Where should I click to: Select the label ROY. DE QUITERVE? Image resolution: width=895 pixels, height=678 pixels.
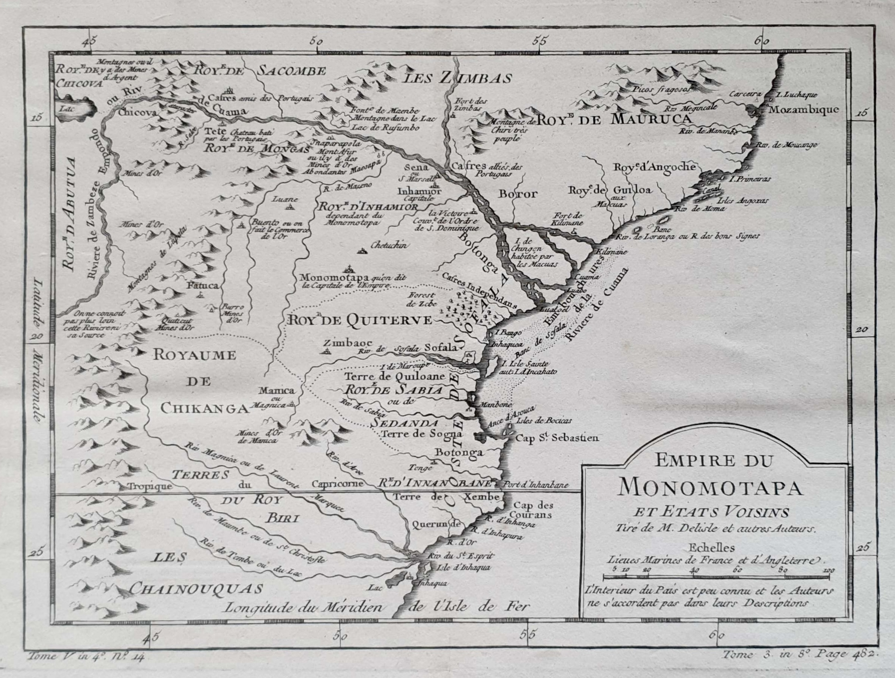point(359,320)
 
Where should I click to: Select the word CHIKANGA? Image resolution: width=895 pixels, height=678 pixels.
point(204,409)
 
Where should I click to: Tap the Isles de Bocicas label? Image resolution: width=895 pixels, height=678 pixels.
point(544,420)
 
